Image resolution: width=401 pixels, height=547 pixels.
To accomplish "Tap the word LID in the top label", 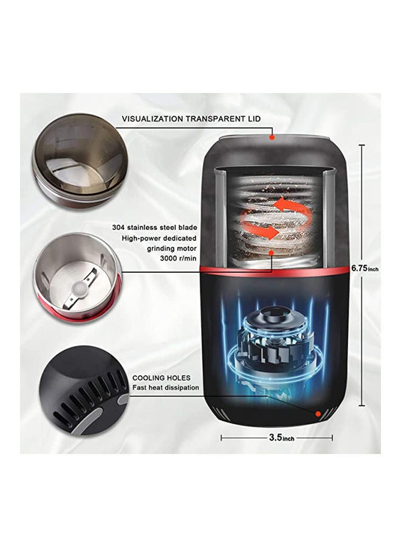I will click(253, 119).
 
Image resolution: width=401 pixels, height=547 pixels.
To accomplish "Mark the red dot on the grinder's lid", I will click(272, 137).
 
